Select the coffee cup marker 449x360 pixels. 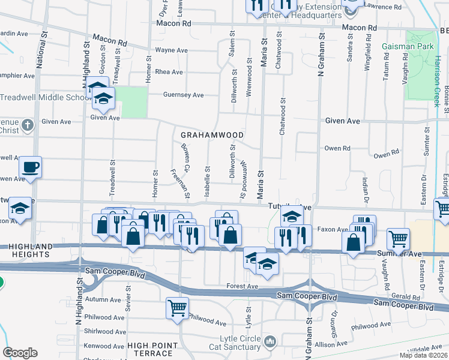30,167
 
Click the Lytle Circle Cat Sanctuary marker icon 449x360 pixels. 270,342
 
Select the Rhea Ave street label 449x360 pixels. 169,72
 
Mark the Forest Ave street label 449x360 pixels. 243,287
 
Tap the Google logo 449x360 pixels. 20,353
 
